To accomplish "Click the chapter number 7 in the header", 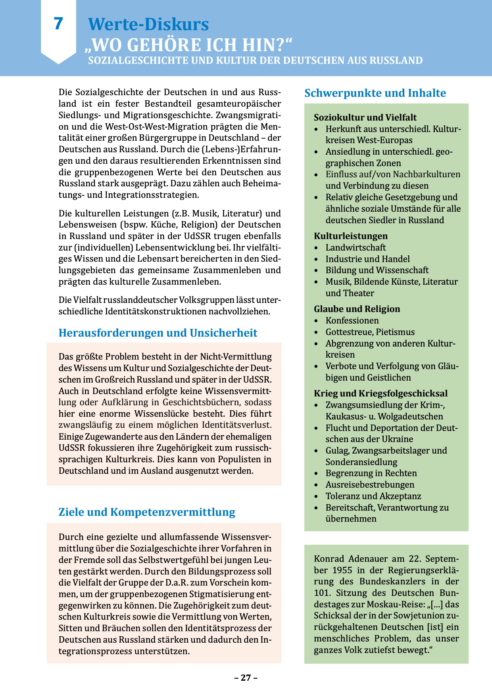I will (58, 24).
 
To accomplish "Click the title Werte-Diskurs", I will (148, 24).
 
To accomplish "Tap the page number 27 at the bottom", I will (246, 678).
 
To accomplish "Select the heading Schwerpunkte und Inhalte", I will (375, 93).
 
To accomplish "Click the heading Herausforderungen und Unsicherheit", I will (158, 333).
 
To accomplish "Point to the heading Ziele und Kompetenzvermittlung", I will (147, 512).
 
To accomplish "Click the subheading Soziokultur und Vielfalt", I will (365, 117).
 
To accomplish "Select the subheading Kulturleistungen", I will (351, 236).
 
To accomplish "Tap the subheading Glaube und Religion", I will (357, 309).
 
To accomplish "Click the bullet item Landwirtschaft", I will (356, 247).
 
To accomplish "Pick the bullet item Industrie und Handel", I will (367, 259).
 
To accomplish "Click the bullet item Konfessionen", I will (352, 320).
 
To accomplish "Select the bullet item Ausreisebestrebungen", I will (370, 484).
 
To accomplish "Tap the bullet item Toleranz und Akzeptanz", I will (373, 496).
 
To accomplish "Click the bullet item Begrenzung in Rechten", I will (371, 473).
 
